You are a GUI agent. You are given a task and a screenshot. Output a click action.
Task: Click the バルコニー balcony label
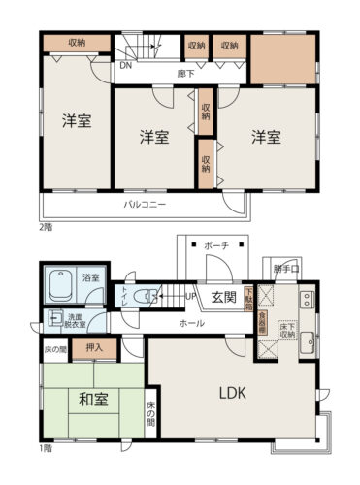click(x=144, y=205)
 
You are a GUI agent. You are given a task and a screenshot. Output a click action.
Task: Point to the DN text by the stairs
click(x=125, y=68)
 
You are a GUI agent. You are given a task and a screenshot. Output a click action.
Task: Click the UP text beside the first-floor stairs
click(x=191, y=295)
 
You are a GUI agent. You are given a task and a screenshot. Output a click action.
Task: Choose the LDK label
click(x=232, y=394)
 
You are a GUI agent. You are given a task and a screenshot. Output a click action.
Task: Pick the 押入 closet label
click(x=94, y=344)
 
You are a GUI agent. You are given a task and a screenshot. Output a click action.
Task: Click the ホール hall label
click(x=191, y=323)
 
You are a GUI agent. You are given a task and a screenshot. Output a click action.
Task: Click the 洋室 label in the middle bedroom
click(x=154, y=136)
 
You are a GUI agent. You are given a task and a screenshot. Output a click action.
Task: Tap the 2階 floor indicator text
click(x=45, y=227)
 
